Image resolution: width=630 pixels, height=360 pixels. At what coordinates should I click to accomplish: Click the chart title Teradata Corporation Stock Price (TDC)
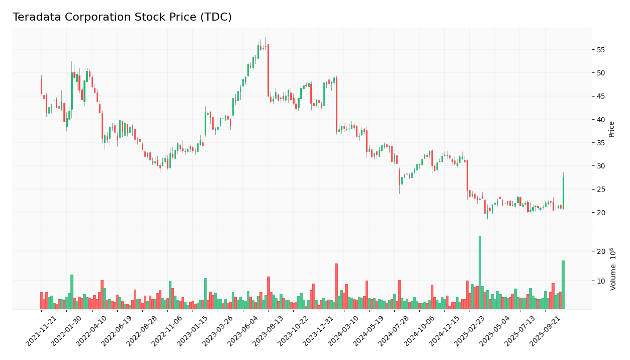(x=122, y=18)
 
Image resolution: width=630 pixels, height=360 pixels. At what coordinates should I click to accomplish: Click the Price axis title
(x=612, y=129)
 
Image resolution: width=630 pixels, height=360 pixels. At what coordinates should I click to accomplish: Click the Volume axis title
(x=613, y=268)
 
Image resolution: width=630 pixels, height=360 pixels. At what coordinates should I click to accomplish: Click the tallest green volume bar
(x=480, y=273)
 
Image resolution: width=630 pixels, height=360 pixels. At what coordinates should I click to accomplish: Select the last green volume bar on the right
(x=563, y=285)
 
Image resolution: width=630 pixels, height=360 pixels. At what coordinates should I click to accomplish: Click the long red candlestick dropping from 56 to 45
(x=268, y=70)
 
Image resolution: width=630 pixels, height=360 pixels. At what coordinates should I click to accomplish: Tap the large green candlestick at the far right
(x=563, y=193)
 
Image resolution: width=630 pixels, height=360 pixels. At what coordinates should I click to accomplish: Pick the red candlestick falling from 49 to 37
(x=336, y=105)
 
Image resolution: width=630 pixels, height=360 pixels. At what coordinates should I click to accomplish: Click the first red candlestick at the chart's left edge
(x=41, y=86)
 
